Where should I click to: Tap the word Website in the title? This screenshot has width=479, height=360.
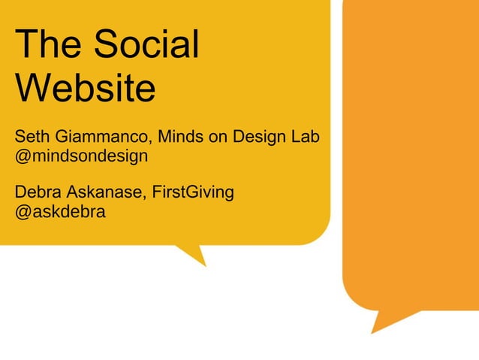point(85,88)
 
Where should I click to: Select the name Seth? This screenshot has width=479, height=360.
point(32,138)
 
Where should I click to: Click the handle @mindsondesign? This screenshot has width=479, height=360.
point(81,156)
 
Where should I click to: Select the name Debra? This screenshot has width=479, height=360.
point(38,192)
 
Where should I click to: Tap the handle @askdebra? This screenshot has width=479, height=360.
point(61,211)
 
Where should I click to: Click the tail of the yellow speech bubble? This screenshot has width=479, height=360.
point(194,254)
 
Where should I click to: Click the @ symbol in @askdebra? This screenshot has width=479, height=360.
point(23,212)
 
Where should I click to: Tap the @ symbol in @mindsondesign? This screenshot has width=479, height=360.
point(23,157)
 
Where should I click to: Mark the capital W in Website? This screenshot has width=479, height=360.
point(32,88)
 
